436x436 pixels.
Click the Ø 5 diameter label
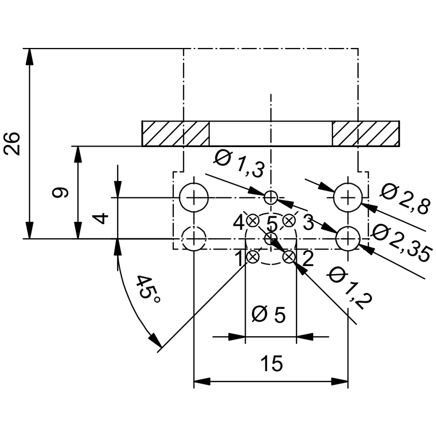click(x=270, y=315)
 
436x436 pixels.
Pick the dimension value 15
click(x=271, y=364)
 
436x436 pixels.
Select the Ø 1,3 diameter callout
click(x=239, y=163)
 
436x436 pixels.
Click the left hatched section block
click(x=175, y=133)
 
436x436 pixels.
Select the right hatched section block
click(x=366, y=133)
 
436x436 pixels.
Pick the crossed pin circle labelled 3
click(x=289, y=221)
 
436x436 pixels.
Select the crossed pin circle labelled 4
click(x=253, y=221)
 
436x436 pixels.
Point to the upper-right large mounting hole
click(x=348, y=197)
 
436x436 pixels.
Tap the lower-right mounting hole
click(x=348, y=238)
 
